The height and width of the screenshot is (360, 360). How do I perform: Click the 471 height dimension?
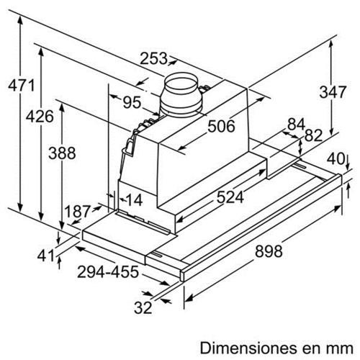pos(22,86)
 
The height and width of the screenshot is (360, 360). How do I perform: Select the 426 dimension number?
pos(40,117)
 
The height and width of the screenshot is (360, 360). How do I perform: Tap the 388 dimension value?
pos(62,153)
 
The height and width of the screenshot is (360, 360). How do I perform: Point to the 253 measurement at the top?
pos(153,58)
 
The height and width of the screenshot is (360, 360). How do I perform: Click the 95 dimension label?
pos(132,102)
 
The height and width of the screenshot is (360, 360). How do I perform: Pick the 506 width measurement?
pos(221,126)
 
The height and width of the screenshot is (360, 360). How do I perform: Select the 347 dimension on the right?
pos(333,92)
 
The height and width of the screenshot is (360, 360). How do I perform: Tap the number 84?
pos(296,124)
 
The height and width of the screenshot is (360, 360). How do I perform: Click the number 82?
pos(313,135)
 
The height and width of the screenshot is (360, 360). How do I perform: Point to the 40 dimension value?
pos(336,158)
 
